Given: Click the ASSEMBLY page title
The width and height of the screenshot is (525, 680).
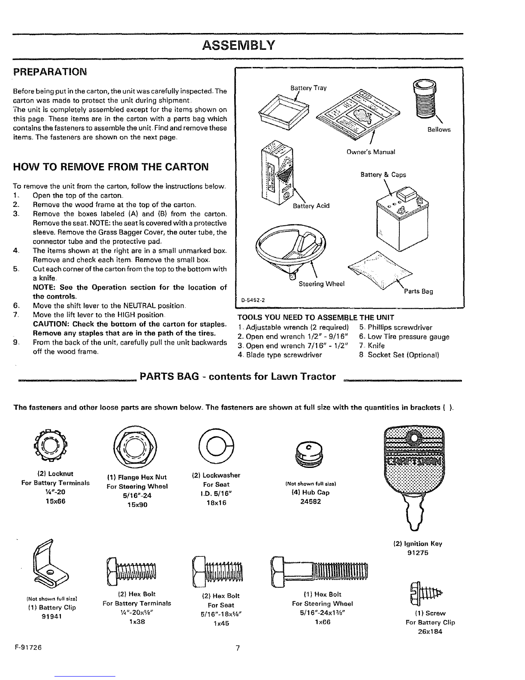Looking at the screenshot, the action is coord(238,46).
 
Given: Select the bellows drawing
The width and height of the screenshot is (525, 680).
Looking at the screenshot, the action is coord(424,97).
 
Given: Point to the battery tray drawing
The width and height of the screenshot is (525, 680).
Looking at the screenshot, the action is coord(284,112).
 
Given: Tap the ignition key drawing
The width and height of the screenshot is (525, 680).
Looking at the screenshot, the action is coord(414,477).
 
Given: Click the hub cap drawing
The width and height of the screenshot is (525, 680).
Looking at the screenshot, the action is coord(309,454).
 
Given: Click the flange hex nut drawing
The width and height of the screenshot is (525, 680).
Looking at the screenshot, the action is coord(135,447).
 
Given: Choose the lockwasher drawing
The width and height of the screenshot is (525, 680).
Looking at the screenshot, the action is coord(216,446).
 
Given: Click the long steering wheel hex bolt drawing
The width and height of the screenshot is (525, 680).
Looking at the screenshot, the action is coord(319,572).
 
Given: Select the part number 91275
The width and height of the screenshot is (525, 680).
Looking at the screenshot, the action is coord(418,552).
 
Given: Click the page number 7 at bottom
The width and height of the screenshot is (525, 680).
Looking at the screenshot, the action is coord(238,648).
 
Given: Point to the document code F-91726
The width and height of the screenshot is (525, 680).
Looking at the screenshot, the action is coord(28,647).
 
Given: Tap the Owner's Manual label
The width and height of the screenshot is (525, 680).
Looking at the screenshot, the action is coord(371,152).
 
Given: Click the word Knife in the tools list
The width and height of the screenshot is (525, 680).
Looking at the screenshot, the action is coord(376,346).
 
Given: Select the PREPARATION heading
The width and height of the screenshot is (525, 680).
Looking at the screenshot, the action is coord(50,72).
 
